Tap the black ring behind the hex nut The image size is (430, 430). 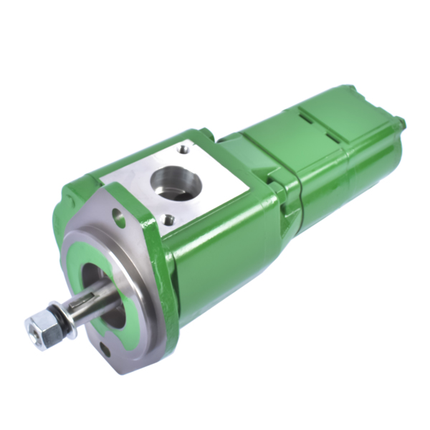click(59, 322)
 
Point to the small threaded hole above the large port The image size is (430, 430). click(185, 150)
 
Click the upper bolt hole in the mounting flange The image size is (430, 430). click(119, 214)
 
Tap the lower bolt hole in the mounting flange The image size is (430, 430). click(105, 349)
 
